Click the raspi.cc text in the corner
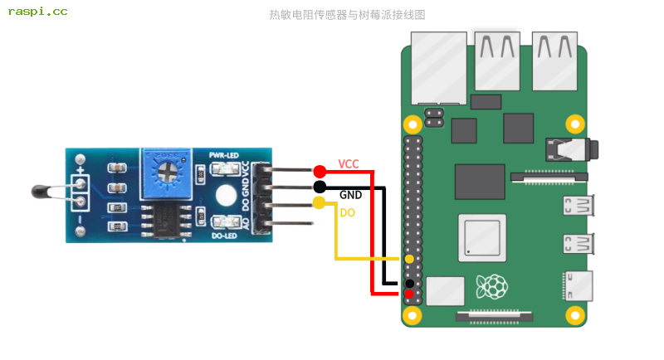(x=37, y=12)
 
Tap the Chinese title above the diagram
(x=347, y=15)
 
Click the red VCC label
(x=349, y=164)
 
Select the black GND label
(x=350, y=195)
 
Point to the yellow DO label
(x=348, y=213)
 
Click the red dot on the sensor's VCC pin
(x=320, y=171)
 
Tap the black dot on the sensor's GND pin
(x=320, y=187)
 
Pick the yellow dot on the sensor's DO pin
(x=320, y=203)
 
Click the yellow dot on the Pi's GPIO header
(x=409, y=260)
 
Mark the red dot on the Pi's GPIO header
(x=409, y=294)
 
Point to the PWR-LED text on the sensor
(x=224, y=155)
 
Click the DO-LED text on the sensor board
(x=226, y=236)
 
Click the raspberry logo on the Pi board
(x=491, y=287)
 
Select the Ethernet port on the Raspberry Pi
(x=438, y=66)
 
